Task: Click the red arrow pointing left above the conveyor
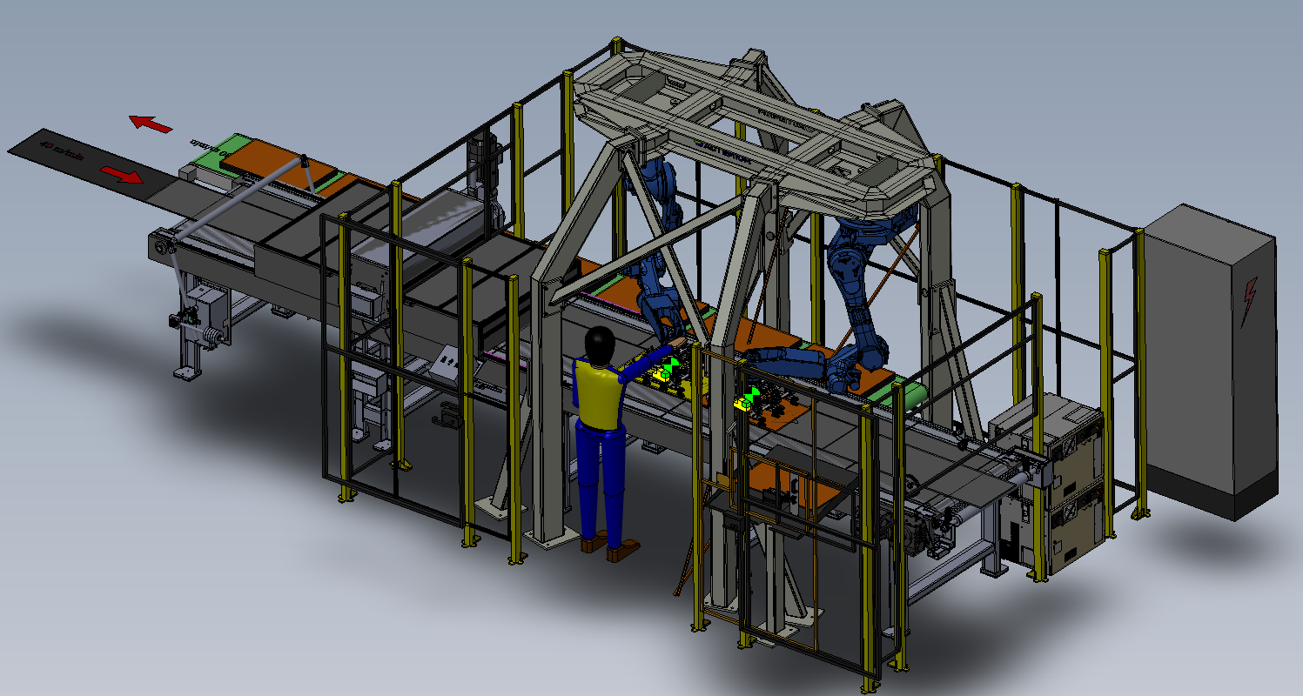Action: point(151,124)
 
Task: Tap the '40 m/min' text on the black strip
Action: point(62,154)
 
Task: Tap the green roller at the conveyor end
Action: point(911,396)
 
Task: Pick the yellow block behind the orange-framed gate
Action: point(744,403)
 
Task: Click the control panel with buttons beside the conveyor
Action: point(449,359)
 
